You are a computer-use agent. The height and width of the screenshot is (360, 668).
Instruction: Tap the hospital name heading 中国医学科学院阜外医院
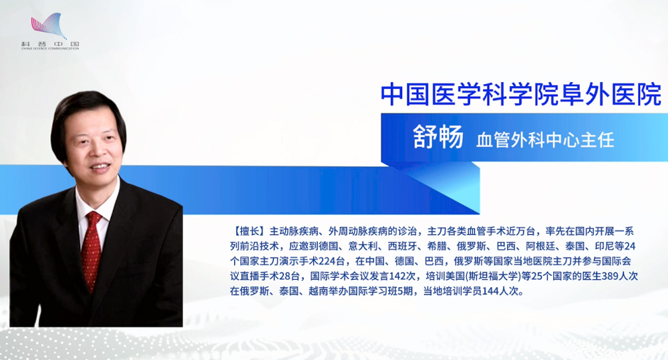521,94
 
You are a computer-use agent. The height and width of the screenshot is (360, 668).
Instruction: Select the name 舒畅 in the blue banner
438,137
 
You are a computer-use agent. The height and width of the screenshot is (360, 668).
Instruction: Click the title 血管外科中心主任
545,140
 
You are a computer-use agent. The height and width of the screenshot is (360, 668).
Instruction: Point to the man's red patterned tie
91,250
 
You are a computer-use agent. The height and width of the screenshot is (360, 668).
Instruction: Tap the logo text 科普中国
50,44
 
